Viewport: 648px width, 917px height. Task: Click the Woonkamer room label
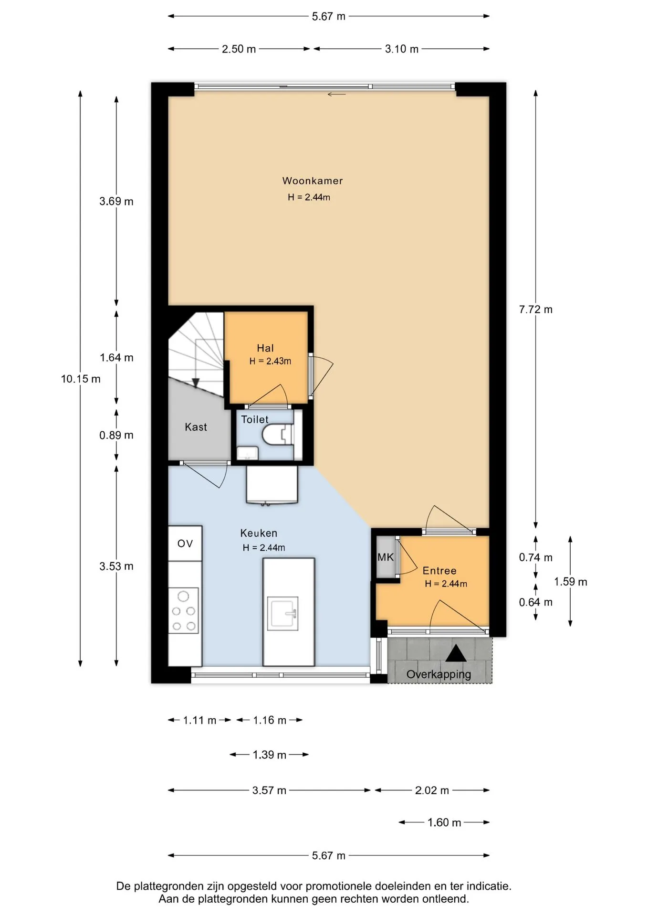tap(313, 181)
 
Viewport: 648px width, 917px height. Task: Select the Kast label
tap(196, 427)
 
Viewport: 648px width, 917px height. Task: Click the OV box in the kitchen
tap(185, 544)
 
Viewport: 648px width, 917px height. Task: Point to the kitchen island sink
tap(282, 613)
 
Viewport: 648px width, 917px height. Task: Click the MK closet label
tap(386, 557)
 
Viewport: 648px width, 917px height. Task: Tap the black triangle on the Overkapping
tap(456, 653)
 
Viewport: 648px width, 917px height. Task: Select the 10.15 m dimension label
tap(81, 379)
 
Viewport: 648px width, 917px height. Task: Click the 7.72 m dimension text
tap(535, 309)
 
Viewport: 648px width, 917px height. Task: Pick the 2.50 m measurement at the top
tap(239, 49)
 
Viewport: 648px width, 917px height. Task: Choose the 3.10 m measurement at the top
tap(402, 49)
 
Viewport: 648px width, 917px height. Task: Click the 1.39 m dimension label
tap(269, 755)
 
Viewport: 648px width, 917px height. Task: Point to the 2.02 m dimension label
tap(432, 790)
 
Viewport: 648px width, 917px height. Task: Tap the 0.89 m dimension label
tap(116, 435)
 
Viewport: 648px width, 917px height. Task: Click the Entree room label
tap(439, 571)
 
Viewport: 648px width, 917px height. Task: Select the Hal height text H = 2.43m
tap(270, 361)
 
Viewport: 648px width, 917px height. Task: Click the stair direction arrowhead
tap(196, 383)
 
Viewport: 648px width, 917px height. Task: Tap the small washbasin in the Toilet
tap(248, 453)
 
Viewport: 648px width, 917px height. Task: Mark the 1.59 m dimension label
tap(570, 582)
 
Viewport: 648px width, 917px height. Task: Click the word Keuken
tap(259, 533)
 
